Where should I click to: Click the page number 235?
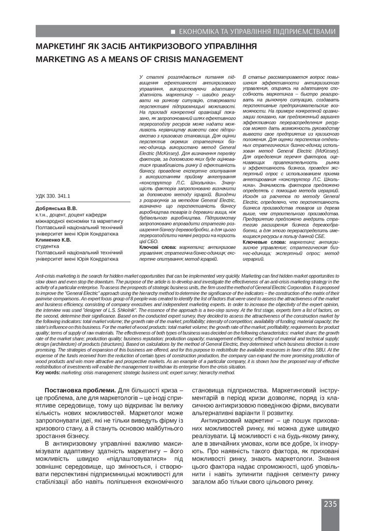pyautogui.click(x=330, y=504)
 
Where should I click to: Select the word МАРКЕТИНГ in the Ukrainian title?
pyautogui.click(x=60, y=47)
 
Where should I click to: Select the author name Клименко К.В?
pyautogui.click(x=54, y=240)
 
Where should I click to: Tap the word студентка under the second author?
pyautogui.click(x=47, y=246)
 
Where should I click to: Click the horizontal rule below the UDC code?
pyautogui.click(x=83, y=202)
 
